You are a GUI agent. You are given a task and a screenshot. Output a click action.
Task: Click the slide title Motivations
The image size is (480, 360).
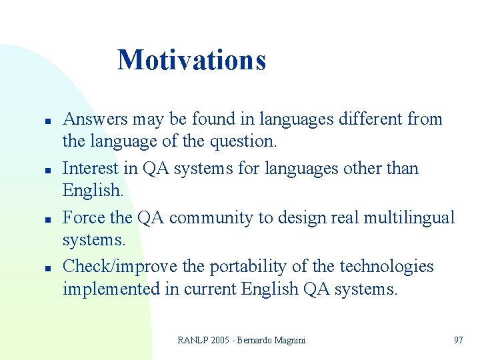tap(191, 60)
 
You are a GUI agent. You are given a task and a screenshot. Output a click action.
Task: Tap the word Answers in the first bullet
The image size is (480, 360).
tap(95, 119)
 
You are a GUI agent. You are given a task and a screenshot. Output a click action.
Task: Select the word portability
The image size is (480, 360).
tap(250, 267)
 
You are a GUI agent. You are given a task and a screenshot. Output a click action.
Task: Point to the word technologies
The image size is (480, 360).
tap(387, 267)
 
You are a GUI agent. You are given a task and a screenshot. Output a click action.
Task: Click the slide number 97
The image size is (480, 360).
tap(458, 340)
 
